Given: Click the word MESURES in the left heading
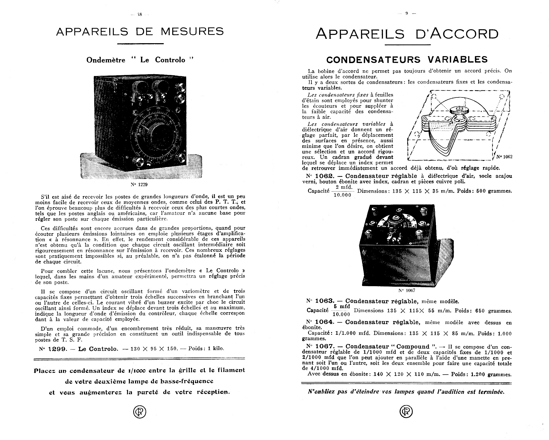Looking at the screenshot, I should pos(192,32).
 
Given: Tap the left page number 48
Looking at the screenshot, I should pos(140,15).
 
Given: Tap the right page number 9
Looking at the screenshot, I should pos(406,14).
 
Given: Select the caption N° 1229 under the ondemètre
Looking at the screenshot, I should pos(139,185).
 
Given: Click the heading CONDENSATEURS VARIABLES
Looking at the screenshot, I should pos(407,60).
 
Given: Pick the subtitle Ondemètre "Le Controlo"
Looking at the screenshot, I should pos(140,60).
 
